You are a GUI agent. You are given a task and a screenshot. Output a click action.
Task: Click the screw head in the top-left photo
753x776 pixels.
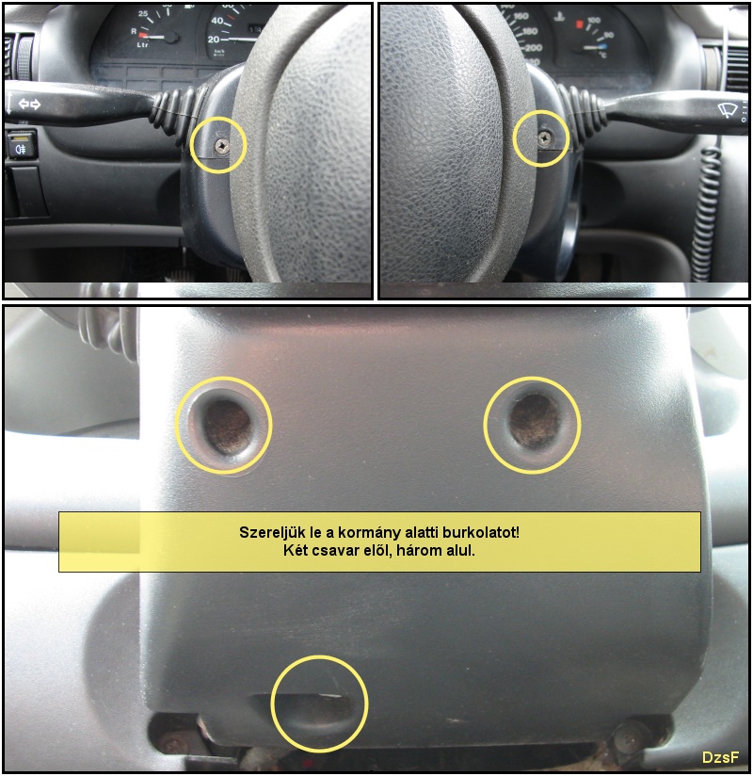[x=220, y=145]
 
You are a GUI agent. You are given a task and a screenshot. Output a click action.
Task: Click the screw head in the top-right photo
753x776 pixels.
[x=544, y=138]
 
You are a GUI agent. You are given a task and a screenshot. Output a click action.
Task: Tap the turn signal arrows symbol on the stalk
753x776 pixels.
[x=30, y=105]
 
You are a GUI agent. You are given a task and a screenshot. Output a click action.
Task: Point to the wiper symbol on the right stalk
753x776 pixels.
[x=728, y=110]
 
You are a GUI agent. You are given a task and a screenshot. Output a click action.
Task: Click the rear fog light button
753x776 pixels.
[x=21, y=144]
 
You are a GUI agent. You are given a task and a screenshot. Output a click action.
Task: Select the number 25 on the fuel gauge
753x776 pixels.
[x=142, y=13]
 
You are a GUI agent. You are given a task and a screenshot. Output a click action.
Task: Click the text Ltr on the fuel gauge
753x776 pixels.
[x=142, y=45]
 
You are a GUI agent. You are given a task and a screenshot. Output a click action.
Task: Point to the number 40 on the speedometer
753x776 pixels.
[x=216, y=21]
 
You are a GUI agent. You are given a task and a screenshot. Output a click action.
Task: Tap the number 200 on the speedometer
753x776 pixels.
[x=534, y=47]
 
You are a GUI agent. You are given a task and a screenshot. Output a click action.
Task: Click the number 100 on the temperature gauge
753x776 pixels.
[x=594, y=21]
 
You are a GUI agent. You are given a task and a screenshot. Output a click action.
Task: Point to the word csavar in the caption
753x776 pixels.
[x=334, y=550]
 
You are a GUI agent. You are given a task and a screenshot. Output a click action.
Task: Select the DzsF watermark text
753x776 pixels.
[x=720, y=757]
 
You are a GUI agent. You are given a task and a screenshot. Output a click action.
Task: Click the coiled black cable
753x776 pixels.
[x=705, y=208]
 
